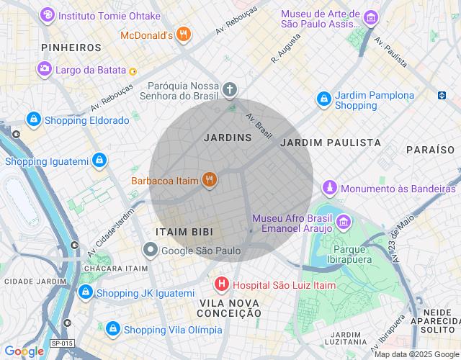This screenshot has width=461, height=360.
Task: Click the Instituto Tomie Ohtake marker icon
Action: point(48,14)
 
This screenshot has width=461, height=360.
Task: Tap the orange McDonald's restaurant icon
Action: point(184,34)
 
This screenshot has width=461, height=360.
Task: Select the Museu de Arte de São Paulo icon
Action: point(371,18)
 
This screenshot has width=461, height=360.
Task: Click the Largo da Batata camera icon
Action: point(45,69)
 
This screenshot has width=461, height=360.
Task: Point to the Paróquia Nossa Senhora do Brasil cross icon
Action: point(229,90)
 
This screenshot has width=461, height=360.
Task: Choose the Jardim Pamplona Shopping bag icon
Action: point(323,99)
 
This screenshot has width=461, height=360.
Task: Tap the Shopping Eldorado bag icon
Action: point(33,120)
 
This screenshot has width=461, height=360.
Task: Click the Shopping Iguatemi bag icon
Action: point(99,161)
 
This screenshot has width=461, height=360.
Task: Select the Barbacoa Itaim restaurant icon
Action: point(210,180)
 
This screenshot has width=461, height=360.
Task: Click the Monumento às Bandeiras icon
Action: point(330,188)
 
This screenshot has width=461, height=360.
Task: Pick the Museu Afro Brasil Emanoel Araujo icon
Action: point(344,222)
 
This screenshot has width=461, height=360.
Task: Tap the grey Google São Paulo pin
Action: point(150,251)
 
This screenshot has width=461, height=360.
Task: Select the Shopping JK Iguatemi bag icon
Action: point(85,292)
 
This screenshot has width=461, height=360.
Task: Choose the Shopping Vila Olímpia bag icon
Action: point(112,329)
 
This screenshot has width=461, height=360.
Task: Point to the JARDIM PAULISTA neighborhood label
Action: point(331,143)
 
